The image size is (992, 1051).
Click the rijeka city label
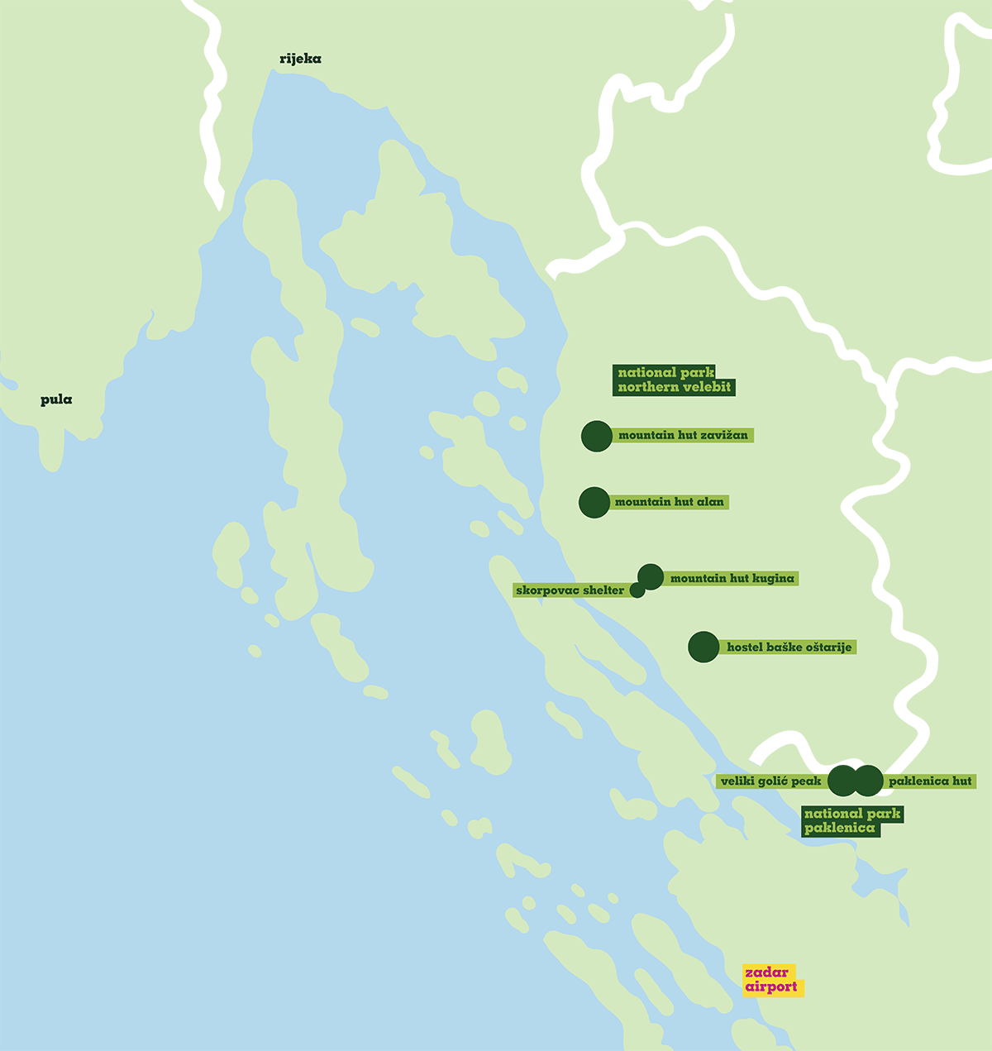pos(300,59)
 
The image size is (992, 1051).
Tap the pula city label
pos(56,400)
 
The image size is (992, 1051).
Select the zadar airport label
pos(772,980)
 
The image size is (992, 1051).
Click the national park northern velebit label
pos(674,380)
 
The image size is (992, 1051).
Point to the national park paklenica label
pos(851,821)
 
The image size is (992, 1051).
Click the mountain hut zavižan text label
pos(683,436)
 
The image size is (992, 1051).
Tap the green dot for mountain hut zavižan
pos(597,436)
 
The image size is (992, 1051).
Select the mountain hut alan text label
pos(669,502)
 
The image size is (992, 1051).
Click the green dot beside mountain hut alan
pos(594,502)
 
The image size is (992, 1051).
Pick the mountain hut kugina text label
pos(732,579)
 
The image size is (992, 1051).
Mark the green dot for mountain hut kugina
pos(651,576)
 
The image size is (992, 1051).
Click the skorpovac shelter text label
pos(570,590)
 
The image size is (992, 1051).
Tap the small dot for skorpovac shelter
pos(637,590)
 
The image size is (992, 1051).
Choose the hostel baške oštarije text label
pos(789,647)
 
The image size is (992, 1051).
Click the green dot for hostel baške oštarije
pos(703,647)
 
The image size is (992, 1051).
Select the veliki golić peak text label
pos(770,781)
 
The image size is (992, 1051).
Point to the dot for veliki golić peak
pos(842,781)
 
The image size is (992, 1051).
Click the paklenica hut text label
pos(930,781)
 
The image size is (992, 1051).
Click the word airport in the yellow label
pos(771,987)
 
